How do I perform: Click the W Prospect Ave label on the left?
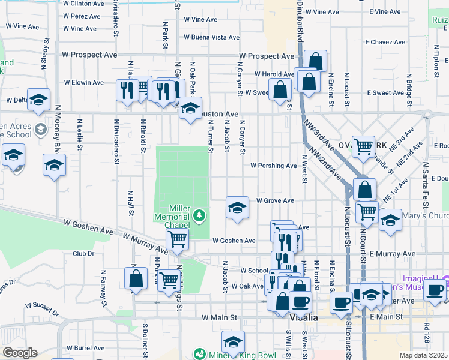tap(89, 55)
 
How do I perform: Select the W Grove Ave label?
tap(275, 200)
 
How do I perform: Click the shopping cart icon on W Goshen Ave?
tap(177, 239)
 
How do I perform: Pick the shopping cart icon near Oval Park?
tap(363, 146)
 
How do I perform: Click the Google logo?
tap(20, 353)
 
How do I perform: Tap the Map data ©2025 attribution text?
tap(424, 355)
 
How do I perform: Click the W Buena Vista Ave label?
tap(211, 37)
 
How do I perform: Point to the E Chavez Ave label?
tap(385, 43)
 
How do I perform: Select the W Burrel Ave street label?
tap(86, 347)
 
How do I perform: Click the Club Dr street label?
tap(83, 254)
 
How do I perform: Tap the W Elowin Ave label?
tap(84, 82)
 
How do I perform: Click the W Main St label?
tap(220, 317)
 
